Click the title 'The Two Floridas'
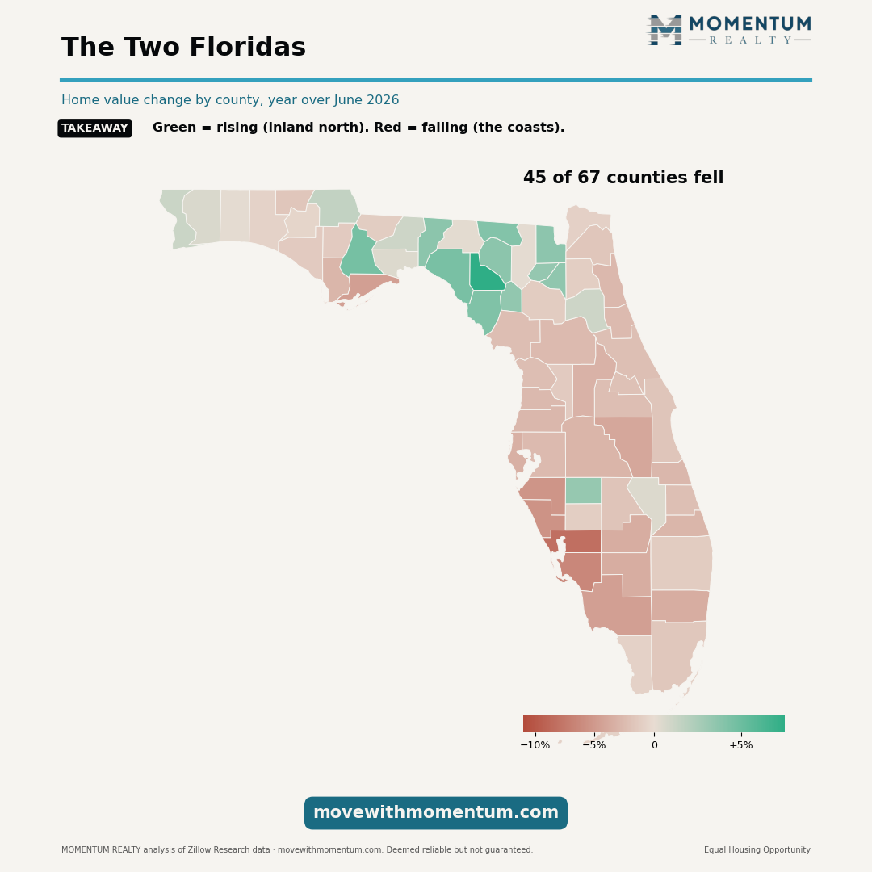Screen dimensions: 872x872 tap(183, 48)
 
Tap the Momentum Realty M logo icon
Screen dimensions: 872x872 tap(664, 30)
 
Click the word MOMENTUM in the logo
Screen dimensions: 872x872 tap(750, 24)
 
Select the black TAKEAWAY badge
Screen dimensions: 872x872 tap(95, 128)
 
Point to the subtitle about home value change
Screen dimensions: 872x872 tap(230, 100)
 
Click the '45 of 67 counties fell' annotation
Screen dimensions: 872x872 tap(623, 178)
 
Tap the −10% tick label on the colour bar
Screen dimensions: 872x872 tap(535, 745)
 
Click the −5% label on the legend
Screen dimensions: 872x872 tap(594, 745)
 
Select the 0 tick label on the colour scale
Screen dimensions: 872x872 tap(655, 745)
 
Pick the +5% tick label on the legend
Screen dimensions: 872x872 tap(740, 745)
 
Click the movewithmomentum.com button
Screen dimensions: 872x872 tap(436, 813)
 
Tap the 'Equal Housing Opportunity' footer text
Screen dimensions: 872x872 tap(757, 849)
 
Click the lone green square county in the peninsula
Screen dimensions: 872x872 tap(584, 491)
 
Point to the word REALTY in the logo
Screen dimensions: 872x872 tap(750, 40)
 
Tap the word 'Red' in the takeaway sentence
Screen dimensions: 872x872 tap(388, 128)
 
